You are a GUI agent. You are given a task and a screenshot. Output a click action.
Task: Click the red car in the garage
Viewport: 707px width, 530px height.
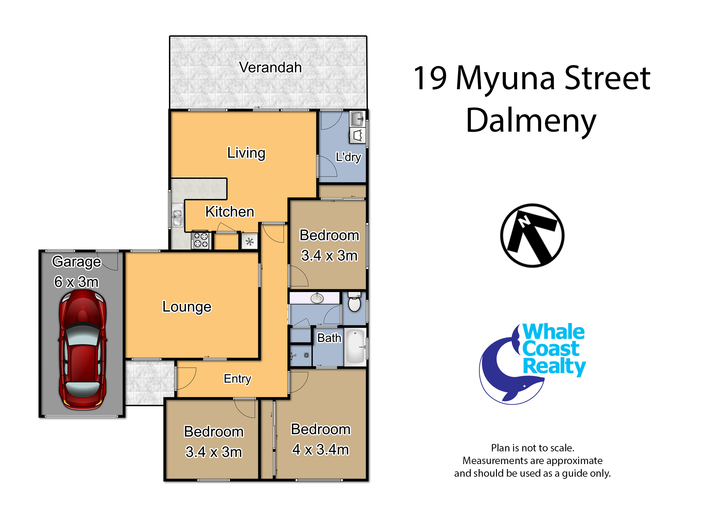82,351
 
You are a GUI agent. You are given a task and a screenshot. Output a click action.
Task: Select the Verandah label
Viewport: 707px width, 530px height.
270,67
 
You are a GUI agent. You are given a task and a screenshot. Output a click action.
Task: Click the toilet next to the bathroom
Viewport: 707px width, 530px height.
354,302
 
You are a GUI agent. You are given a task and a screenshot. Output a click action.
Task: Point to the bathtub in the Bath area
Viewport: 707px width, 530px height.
356,347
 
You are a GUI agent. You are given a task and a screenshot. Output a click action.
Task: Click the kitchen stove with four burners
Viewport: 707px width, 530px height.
201,240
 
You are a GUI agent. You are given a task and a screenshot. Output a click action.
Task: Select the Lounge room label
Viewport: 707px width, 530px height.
187,307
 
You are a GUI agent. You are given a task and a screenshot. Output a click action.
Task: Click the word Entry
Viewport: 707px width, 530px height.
237,379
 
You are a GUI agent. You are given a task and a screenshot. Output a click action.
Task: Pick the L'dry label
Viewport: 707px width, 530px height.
348,157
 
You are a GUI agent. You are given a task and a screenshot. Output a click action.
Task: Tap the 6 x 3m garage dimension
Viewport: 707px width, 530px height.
76,282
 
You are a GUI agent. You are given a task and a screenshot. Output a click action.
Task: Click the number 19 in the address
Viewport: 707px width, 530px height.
430,78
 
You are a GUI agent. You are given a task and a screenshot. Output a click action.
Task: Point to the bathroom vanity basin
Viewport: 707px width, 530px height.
317,298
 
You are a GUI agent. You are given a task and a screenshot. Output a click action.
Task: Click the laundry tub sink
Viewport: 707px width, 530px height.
357,119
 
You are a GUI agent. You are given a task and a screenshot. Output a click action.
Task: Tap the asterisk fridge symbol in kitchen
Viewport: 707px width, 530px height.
250,242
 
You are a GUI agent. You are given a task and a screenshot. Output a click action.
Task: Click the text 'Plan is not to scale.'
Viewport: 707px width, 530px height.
533,448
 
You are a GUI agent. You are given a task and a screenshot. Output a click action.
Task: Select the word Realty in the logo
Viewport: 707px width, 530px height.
554,366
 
